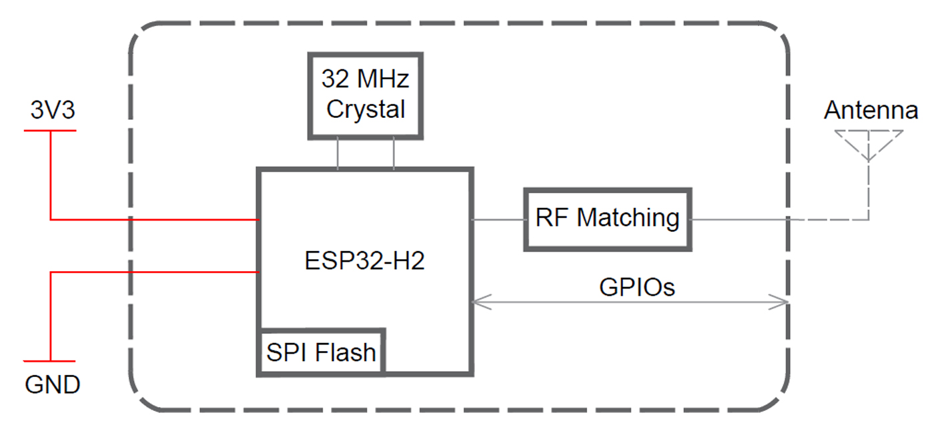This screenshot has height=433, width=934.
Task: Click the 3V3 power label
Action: point(53,110)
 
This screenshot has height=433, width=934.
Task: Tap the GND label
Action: point(53,384)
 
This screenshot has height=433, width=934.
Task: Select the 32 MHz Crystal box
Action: point(365,96)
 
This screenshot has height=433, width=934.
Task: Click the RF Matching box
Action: point(607,218)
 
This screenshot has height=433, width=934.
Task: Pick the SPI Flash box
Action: point(322,352)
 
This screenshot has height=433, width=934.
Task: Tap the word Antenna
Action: point(871,110)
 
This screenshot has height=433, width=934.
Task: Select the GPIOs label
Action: point(636,286)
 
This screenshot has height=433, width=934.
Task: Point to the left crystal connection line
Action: point(338,153)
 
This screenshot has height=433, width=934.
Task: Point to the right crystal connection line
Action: point(393,153)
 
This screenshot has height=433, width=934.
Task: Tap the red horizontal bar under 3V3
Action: point(50,130)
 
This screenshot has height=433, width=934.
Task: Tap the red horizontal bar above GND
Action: point(50,361)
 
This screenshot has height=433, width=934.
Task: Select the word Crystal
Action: point(366,109)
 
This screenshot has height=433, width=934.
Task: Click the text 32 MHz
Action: point(365,81)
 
